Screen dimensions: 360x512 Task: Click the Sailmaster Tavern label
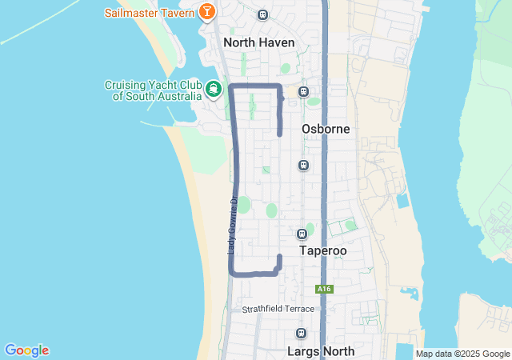click(150, 13)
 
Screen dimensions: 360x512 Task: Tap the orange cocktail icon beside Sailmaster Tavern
click(207, 12)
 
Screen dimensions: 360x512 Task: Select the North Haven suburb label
click(258, 42)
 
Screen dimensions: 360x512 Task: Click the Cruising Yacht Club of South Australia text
click(153, 90)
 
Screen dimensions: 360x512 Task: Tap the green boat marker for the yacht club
click(214, 89)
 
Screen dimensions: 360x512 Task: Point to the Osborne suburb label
click(326, 129)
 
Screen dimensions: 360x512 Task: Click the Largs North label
click(320, 350)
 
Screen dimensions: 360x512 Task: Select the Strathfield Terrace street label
click(278, 309)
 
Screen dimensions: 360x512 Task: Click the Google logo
click(26, 350)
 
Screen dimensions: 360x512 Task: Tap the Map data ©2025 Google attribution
click(462, 354)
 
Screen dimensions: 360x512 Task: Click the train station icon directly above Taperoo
click(302, 234)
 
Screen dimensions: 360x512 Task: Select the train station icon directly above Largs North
click(301, 334)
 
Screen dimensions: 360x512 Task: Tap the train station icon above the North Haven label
click(263, 14)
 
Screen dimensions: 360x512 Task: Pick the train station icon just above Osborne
click(303, 91)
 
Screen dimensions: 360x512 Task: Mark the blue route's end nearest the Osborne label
click(279, 134)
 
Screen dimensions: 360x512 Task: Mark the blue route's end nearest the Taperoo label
click(279, 256)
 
